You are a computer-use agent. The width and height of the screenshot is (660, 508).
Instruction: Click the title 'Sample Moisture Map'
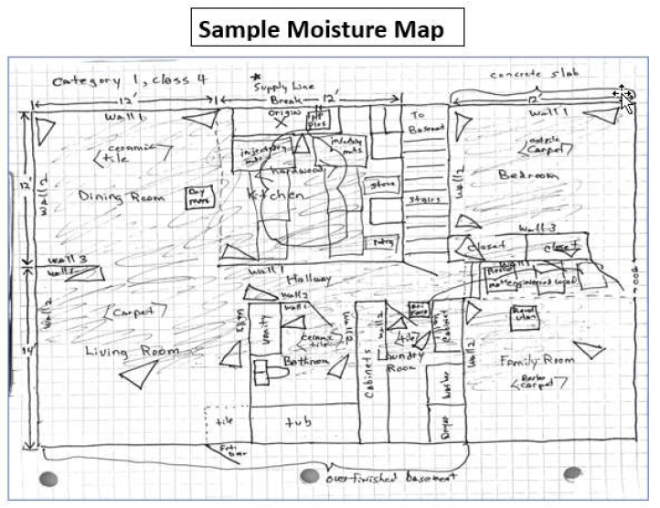328,29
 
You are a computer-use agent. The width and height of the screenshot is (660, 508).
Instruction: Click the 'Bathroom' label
305,363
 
